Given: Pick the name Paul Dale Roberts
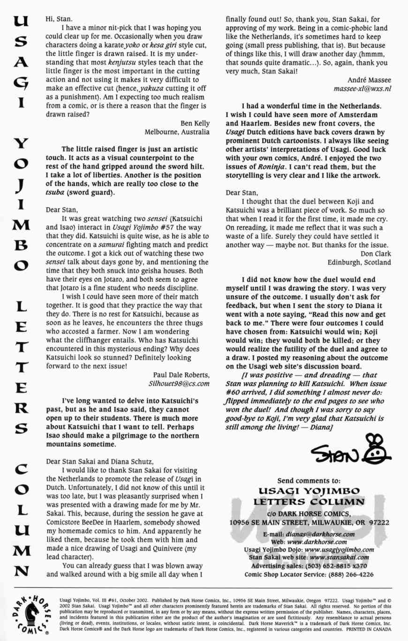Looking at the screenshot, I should click(x=181, y=362).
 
